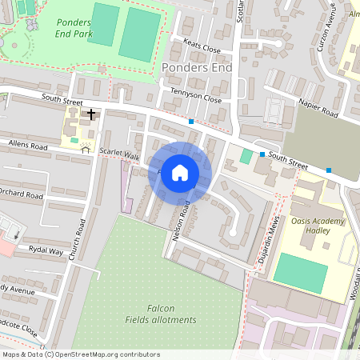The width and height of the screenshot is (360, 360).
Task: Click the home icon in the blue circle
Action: pos(180,173)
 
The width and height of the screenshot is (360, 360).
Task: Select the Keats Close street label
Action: pos(202,48)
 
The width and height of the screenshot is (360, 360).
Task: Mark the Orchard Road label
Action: pos(22,194)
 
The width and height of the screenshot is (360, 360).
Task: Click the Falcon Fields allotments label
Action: pos(160,314)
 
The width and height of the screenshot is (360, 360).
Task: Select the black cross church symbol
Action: pos(91,114)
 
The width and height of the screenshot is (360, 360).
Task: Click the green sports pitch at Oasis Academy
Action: pos(300,273)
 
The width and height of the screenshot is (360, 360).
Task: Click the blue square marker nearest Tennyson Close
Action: pos(191,122)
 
